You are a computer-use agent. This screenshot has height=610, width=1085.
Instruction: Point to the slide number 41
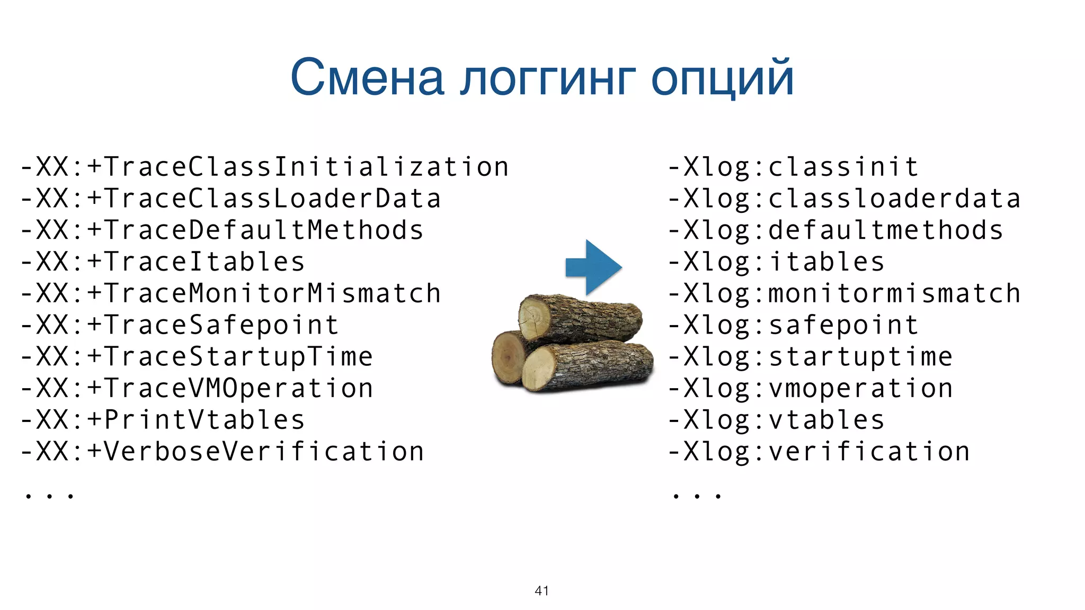[541, 590]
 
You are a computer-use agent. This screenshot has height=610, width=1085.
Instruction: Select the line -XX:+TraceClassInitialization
[264, 167]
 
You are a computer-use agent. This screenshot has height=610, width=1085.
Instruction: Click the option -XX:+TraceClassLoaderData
[230, 199]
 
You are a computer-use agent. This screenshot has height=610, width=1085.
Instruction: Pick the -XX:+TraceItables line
[163, 262]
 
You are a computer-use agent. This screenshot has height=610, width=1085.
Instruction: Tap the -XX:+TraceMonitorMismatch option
[230, 294]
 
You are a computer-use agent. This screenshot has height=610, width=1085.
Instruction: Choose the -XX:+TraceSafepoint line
[180, 325]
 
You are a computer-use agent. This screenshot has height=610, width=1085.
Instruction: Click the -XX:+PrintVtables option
[163, 420]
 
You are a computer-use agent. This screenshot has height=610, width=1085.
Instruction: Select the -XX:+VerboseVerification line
[222, 452]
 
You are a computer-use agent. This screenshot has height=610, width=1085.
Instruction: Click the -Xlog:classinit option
[793, 167]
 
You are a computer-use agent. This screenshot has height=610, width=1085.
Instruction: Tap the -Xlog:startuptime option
[810, 357]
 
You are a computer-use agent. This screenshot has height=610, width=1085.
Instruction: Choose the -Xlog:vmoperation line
[810, 389]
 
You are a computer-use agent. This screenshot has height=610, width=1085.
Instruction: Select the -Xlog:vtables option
[776, 420]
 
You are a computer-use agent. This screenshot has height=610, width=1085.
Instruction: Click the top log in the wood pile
[580, 318]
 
